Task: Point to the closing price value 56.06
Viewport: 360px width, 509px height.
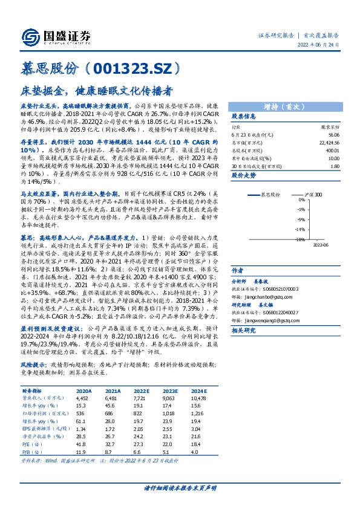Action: pyautogui.click(x=333, y=134)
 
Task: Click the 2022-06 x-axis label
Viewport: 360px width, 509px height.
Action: pyautogui.click(x=321, y=245)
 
